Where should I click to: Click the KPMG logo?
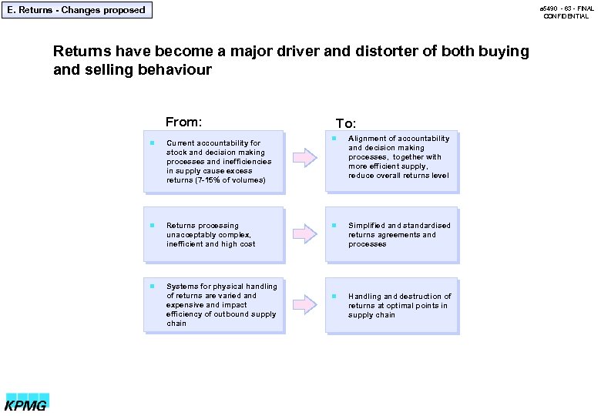(x=27, y=402)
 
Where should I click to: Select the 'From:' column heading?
(x=184, y=122)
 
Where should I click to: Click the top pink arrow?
(x=305, y=158)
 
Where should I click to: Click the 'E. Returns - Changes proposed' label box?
(x=76, y=11)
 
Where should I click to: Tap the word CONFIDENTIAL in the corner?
(x=566, y=16)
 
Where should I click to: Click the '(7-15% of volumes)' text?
(x=216, y=180)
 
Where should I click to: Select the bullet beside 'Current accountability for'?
(x=154, y=143)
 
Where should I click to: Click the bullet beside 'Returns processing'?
(x=154, y=226)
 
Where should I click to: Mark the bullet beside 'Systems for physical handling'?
(x=154, y=287)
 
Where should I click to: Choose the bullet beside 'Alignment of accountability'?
(x=335, y=139)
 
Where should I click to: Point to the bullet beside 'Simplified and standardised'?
(x=335, y=226)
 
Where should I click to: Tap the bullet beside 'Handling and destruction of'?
(x=335, y=297)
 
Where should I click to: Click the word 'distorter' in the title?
(x=351, y=52)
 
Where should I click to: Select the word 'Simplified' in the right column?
(x=367, y=226)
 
